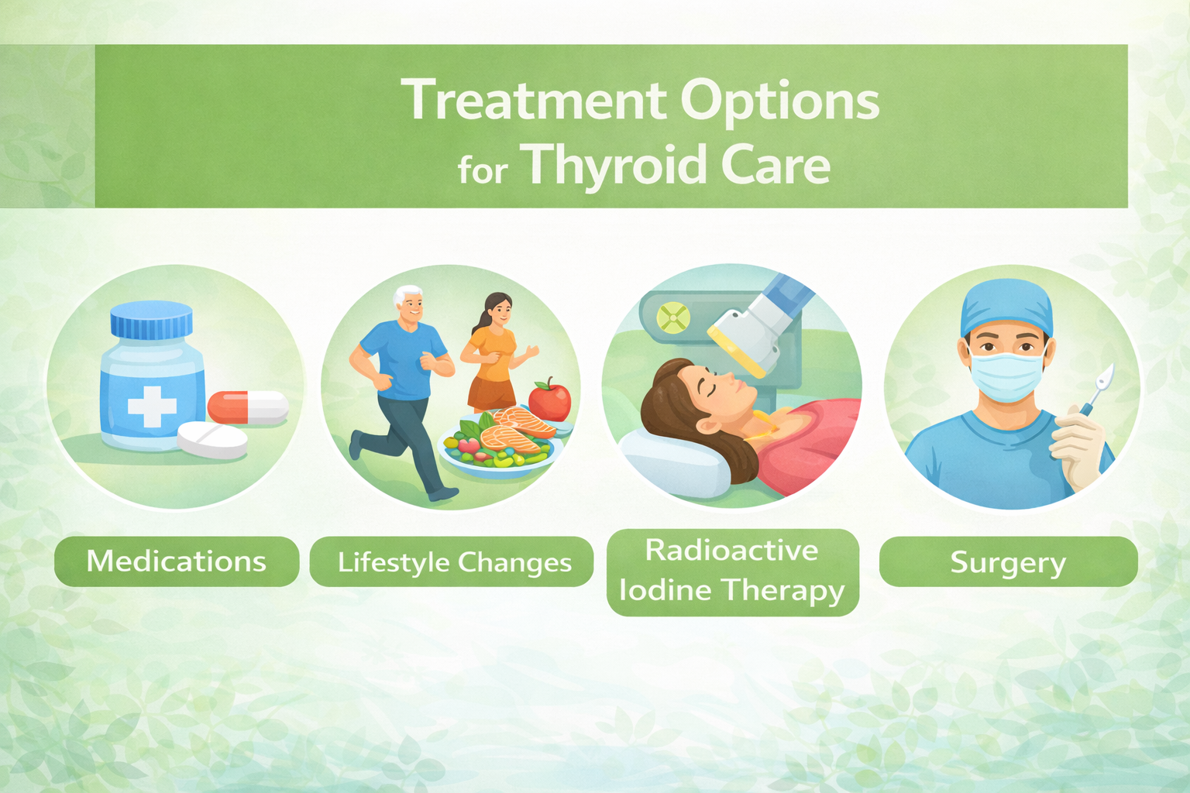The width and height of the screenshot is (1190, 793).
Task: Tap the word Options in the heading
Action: point(780,101)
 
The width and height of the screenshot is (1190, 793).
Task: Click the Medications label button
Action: point(177,561)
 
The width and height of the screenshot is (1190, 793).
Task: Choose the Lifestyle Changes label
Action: point(452,562)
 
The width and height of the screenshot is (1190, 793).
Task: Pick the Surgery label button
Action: point(1008,562)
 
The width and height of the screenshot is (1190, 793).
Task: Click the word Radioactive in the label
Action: point(731,551)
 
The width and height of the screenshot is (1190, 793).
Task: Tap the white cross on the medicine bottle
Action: point(152,407)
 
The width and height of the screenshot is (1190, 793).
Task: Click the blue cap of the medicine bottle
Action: point(151,320)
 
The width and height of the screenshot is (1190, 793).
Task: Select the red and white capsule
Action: point(248,407)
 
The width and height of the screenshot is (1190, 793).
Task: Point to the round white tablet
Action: point(212,440)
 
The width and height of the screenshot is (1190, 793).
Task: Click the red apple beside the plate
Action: point(549,400)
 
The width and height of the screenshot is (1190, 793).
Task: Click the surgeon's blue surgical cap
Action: point(1006,308)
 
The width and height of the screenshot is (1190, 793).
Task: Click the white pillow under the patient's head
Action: point(675,463)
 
